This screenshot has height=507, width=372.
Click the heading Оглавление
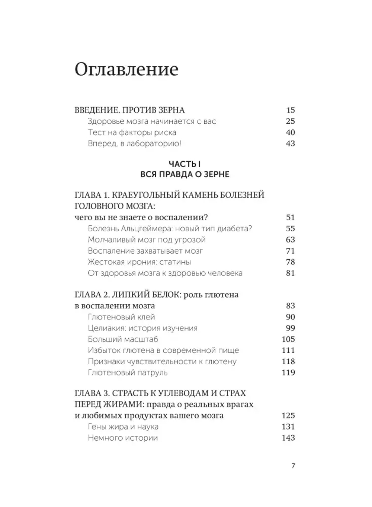[x=126, y=69]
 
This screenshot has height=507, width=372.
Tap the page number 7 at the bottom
[x=293, y=466]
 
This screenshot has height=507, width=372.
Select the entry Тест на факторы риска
[x=132, y=132]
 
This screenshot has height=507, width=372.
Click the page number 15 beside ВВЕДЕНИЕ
[x=291, y=110]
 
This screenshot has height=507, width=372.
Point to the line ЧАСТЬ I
[x=185, y=164]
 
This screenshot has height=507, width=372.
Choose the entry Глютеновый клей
[x=121, y=317]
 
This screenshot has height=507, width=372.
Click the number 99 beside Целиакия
[x=291, y=328]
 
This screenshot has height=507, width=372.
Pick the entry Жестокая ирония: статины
[x=139, y=262]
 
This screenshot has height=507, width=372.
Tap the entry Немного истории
[x=123, y=438]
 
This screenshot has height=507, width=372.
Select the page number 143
[x=288, y=438]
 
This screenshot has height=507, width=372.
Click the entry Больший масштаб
[x=123, y=339]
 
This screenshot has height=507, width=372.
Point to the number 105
[x=288, y=339]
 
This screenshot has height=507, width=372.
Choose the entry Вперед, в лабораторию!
[x=134, y=143]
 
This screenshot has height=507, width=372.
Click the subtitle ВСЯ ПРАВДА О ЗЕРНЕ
[x=185, y=174]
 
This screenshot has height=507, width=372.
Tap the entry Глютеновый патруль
[x=128, y=373]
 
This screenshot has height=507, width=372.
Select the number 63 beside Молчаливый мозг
[x=291, y=240]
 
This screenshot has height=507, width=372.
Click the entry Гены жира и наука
[x=123, y=427]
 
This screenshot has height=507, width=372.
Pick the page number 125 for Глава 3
[x=288, y=415]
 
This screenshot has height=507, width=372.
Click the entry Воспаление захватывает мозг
[x=145, y=251]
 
